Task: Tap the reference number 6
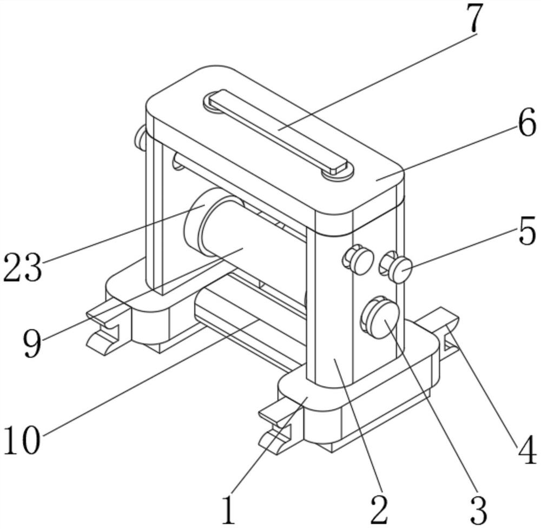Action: click(x=526, y=125)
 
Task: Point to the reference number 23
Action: click(x=22, y=268)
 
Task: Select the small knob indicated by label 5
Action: click(x=401, y=269)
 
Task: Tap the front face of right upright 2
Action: click(x=330, y=303)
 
